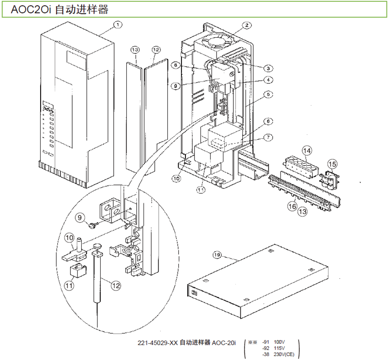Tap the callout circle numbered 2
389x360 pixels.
pyautogui.click(x=246, y=25)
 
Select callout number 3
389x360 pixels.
pyautogui.click(x=268, y=68)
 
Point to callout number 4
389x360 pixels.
pyautogui.click(x=268, y=80)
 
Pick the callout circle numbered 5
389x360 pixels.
pyautogui.click(x=268, y=94)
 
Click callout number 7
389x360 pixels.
pyautogui.click(x=268, y=137)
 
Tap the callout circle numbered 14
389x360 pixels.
pyautogui.click(x=306, y=150)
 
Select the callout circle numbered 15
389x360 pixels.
pyautogui.click(x=332, y=164)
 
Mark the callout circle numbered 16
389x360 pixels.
pyautogui.click(x=293, y=207)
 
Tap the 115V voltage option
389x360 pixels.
pyautogui.click(x=280, y=348)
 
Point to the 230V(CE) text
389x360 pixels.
pyautogui.click(x=284, y=354)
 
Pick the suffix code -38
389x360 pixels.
pyautogui.click(x=266, y=354)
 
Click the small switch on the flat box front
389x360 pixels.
pyautogui.click(x=194, y=293)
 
